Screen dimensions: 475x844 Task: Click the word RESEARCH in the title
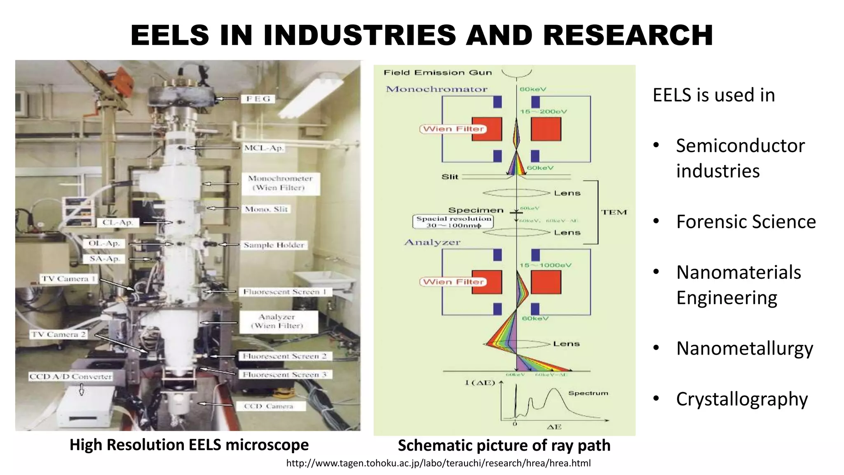pyautogui.click(x=628, y=35)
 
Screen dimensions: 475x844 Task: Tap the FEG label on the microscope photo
pyautogui.click(x=258, y=99)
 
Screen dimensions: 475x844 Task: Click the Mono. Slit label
pyautogui.click(x=266, y=209)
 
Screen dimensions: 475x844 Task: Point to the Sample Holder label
pyautogui.click(x=274, y=245)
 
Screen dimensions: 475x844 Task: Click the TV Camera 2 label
pyautogui.click(x=59, y=334)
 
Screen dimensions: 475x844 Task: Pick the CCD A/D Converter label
pyautogui.click(x=70, y=376)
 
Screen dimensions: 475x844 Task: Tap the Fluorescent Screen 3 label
pyautogui.click(x=284, y=374)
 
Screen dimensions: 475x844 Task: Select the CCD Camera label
pyautogui.click(x=269, y=406)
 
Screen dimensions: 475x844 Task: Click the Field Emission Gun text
pyautogui.click(x=438, y=73)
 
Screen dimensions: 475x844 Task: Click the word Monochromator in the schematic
pyautogui.click(x=436, y=89)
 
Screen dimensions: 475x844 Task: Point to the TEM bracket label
pyautogui.click(x=614, y=212)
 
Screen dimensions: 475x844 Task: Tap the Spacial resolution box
pyautogui.click(x=453, y=222)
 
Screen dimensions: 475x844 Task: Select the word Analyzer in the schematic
pyautogui.click(x=432, y=242)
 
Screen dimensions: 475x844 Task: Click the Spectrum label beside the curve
pyautogui.click(x=588, y=393)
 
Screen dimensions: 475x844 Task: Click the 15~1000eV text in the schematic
pyautogui.click(x=545, y=265)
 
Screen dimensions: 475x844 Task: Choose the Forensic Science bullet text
pyautogui.click(x=746, y=222)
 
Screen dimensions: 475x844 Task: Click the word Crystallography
pyautogui.click(x=742, y=399)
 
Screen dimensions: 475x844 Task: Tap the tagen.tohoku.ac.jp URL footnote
pyautogui.click(x=438, y=463)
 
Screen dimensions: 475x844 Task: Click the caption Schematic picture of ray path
pyautogui.click(x=504, y=445)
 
